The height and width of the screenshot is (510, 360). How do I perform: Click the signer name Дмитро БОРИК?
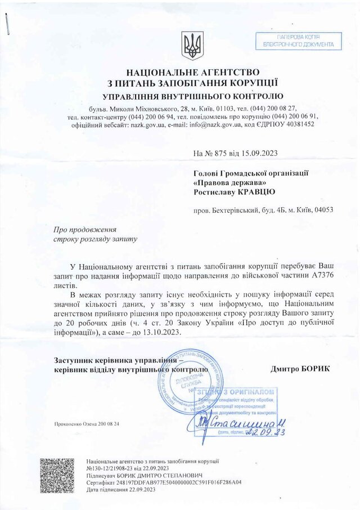(x=300, y=368)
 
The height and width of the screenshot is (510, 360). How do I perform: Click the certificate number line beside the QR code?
(x=164, y=482)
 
